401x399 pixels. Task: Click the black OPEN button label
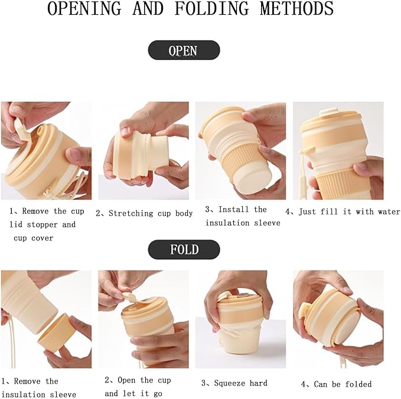click(184, 50)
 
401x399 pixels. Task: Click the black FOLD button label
click(184, 249)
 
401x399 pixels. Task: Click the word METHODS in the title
click(296, 8)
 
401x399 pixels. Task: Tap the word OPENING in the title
click(84, 8)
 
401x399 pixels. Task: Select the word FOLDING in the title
click(211, 8)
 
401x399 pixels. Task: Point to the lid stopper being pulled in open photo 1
click(21, 131)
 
